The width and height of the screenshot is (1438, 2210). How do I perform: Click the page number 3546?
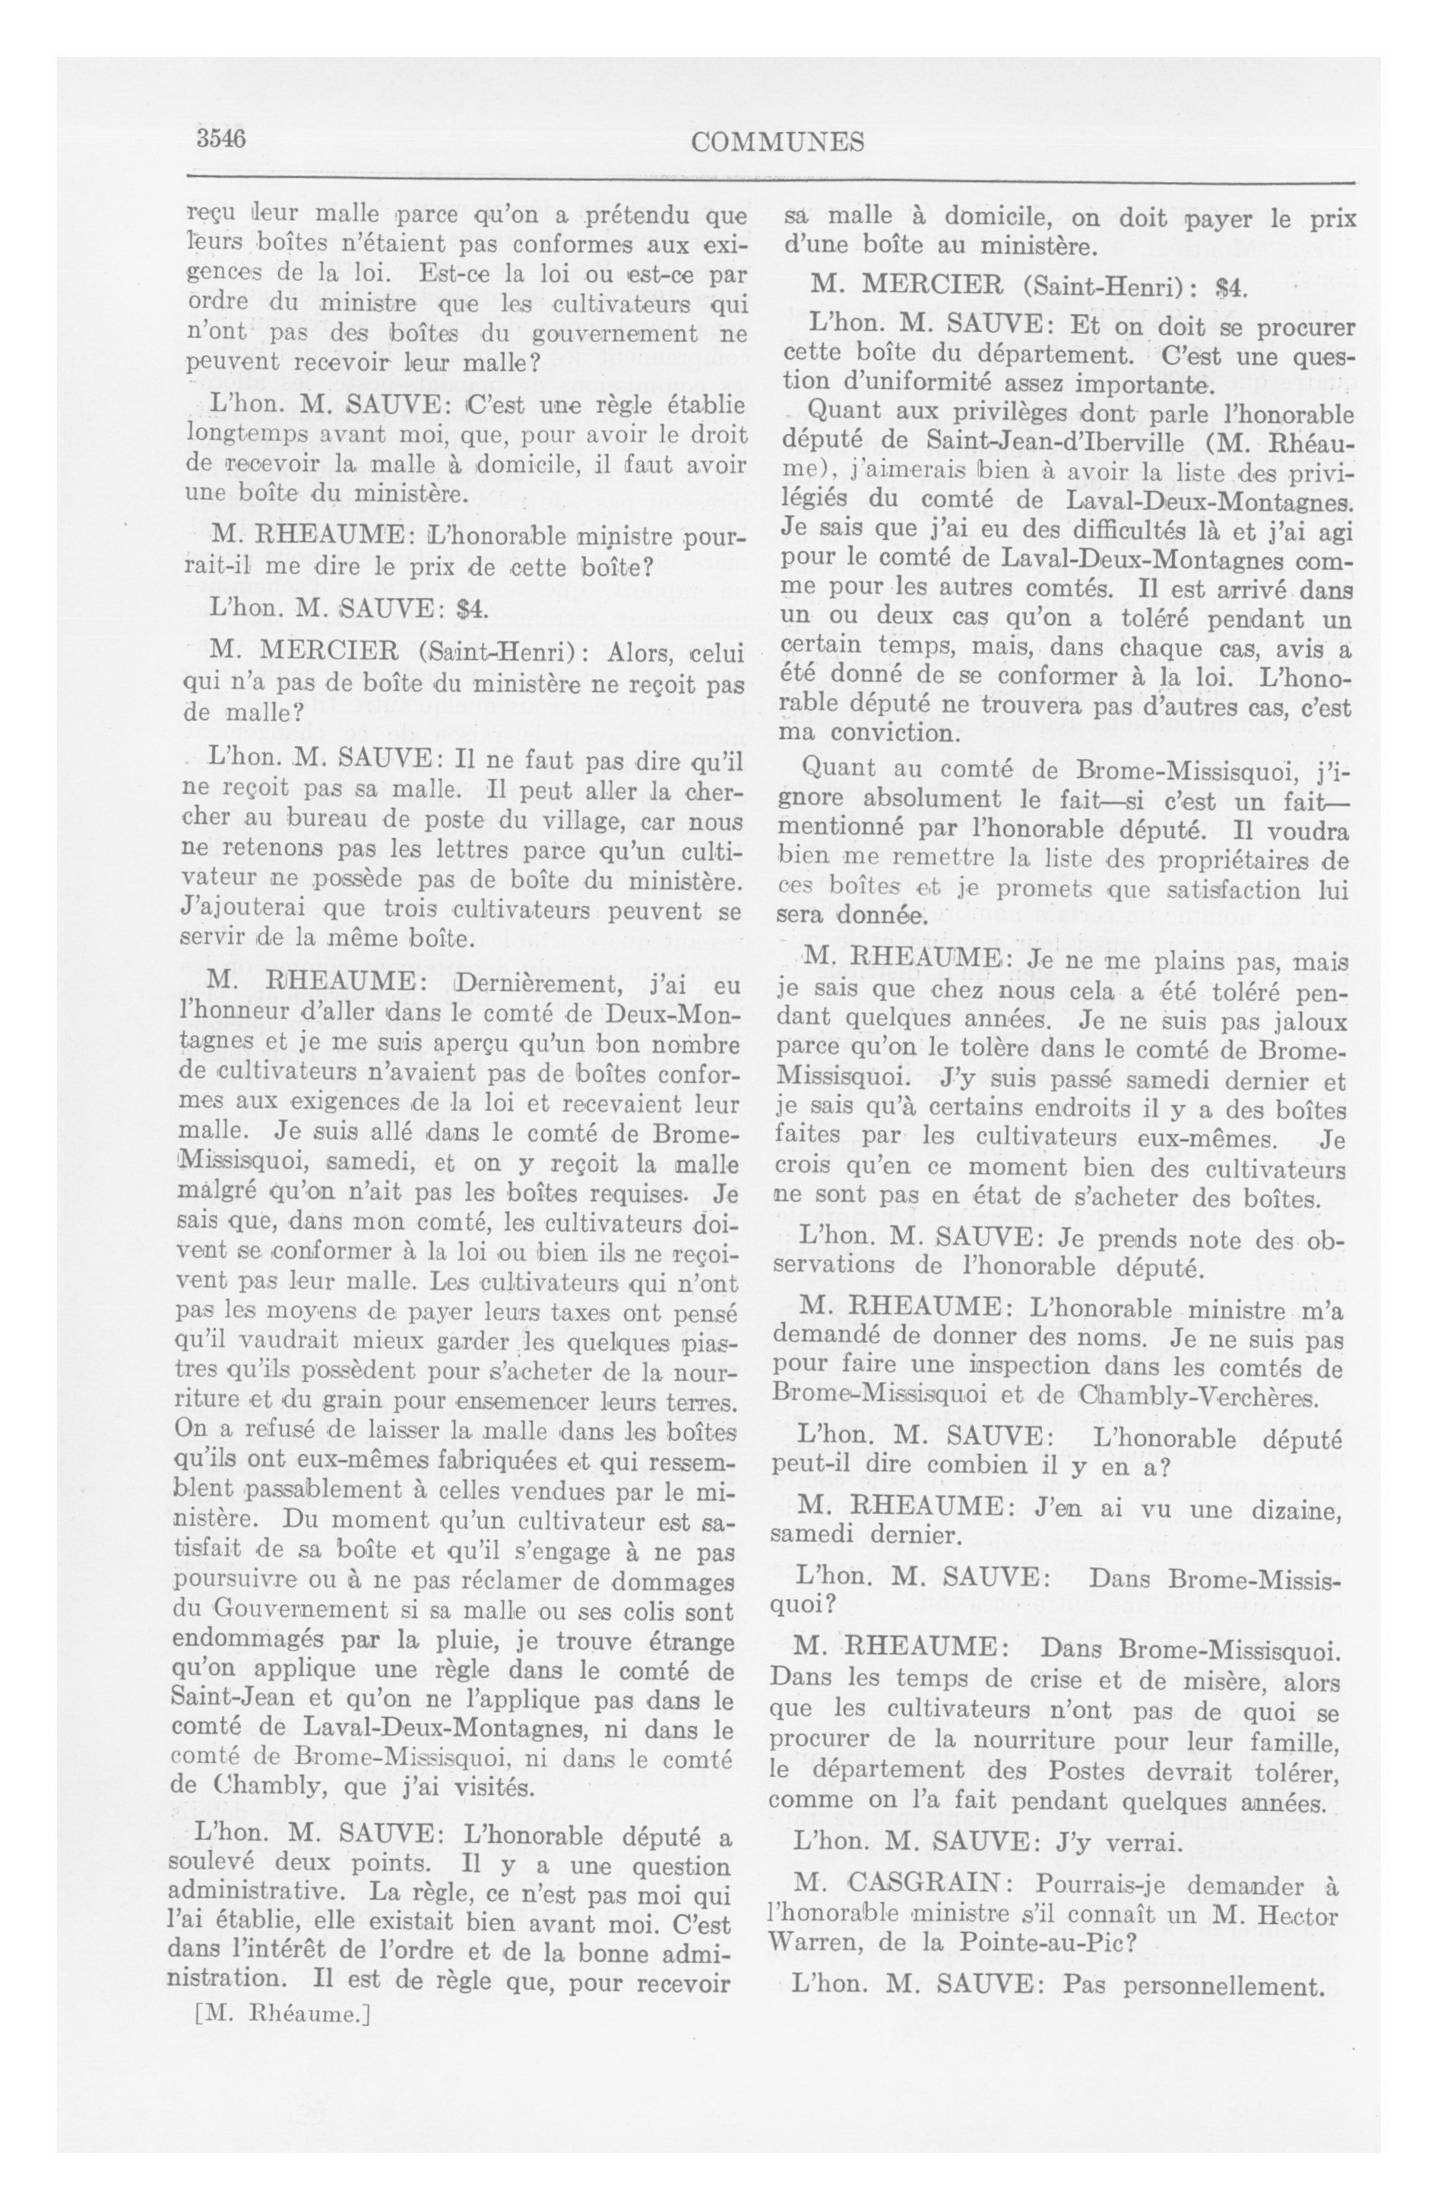tap(219, 139)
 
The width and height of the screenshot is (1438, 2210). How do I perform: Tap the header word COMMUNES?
tap(778, 142)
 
